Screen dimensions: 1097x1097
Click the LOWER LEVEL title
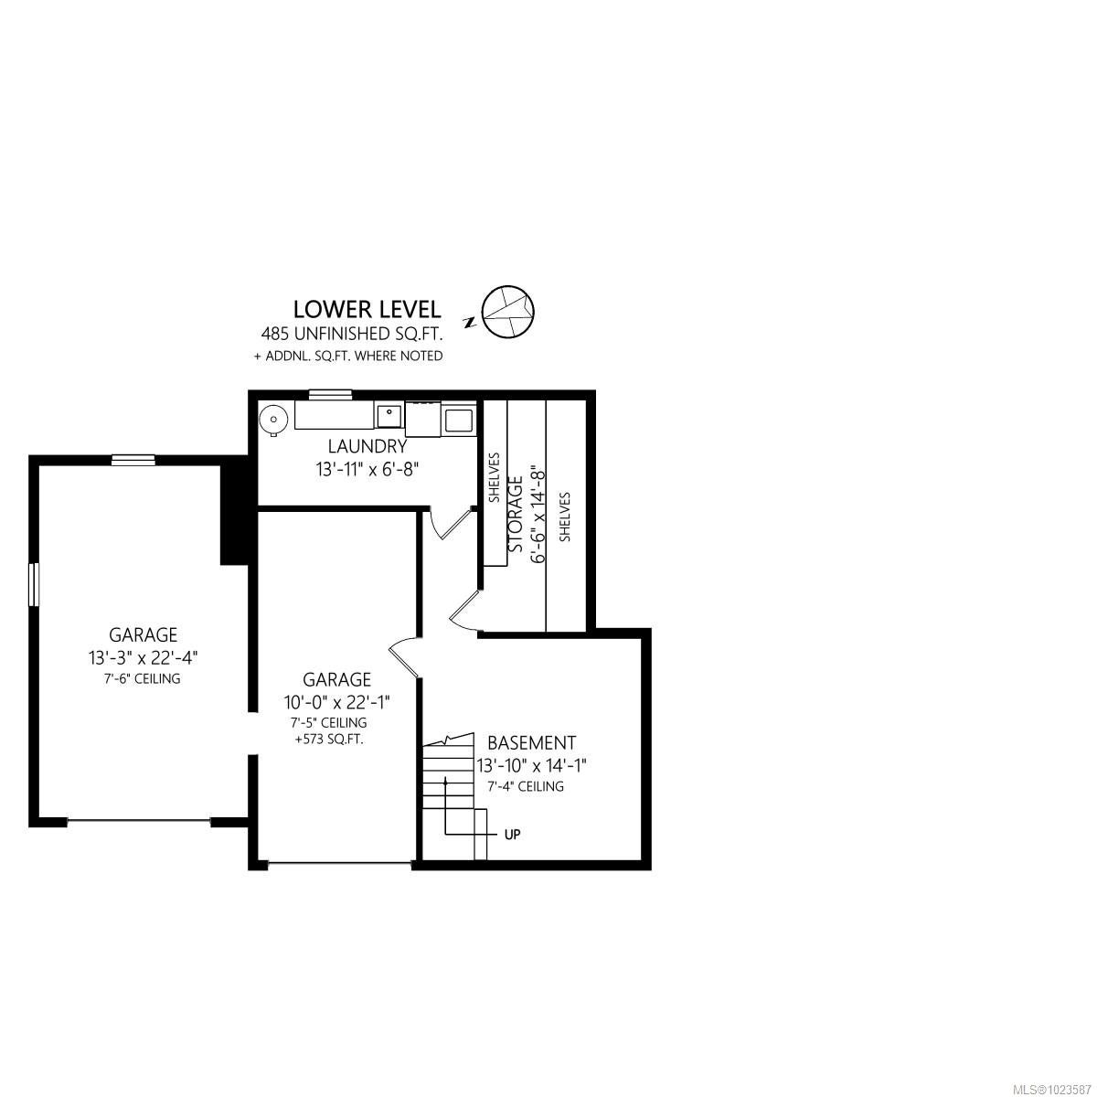(x=367, y=309)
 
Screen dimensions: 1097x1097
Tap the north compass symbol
(x=507, y=311)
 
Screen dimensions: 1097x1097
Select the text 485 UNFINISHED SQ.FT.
(x=352, y=334)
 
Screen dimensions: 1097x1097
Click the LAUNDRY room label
(x=367, y=447)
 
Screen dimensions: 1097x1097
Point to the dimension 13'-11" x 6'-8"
(x=367, y=469)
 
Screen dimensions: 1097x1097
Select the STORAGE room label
(x=516, y=514)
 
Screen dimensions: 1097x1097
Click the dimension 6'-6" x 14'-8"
(x=538, y=516)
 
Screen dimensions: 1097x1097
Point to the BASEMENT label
(x=532, y=743)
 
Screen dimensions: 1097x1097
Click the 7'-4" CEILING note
(x=526, y=786)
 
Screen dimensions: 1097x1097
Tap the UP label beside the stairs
(x=512, y=835)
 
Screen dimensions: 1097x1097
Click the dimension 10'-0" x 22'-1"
(x=337, y=702)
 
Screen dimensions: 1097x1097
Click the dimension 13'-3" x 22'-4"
(x=143, y=658)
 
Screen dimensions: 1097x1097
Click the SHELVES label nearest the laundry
(x=495, y=477)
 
